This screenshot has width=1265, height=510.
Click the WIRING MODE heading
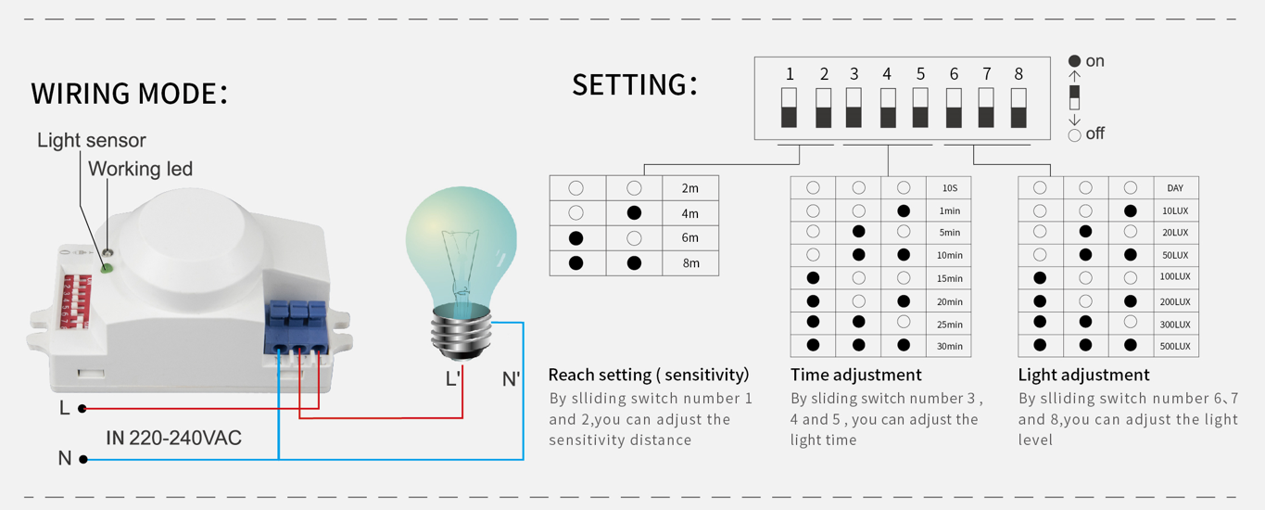pos(130,93)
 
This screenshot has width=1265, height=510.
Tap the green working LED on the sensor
pos(106,268)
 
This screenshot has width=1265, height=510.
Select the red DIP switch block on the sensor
pos(76,301)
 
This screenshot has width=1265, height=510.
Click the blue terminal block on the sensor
pos(296,328)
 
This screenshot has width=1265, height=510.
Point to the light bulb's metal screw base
pos(461,335)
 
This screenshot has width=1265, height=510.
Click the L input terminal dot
pos(82,408)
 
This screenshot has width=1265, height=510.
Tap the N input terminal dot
pos(83,460)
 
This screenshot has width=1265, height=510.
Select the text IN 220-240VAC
pos(174,438)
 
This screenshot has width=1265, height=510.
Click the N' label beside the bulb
pos(511,379)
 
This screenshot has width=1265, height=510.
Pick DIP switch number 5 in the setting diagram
pos(920,108)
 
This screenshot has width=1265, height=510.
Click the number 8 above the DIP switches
pos(1018,74)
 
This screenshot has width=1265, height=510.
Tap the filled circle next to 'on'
pos(1074,61)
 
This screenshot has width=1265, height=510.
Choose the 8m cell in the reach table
pos(690,263)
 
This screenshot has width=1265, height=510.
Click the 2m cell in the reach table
pos(690,188)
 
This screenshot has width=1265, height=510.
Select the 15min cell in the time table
pos(949,278)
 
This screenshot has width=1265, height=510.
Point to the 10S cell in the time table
pos(949,188)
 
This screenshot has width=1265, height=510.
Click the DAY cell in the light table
pos(1176,188)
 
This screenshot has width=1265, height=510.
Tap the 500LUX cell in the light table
pos(1176,346)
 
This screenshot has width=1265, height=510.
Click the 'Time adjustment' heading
pos(855,375)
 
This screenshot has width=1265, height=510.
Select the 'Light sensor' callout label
pos(92,140)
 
